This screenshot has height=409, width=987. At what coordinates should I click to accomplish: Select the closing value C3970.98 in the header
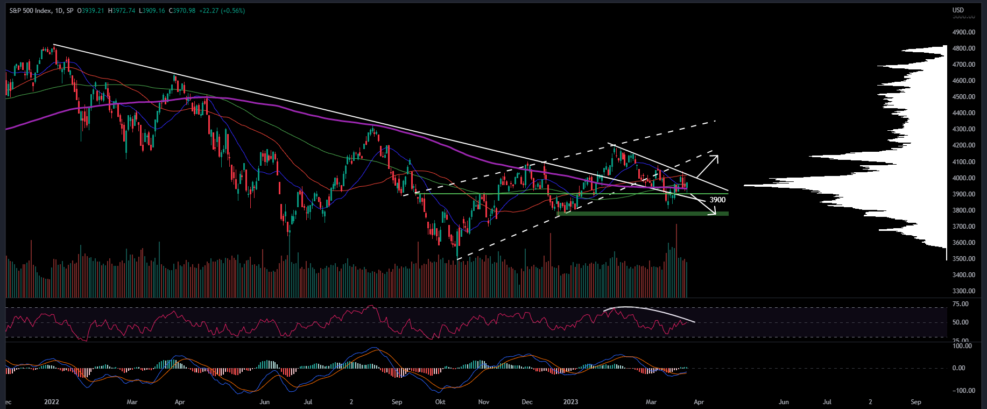(x=182, y=11)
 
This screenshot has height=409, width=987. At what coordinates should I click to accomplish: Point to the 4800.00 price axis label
(x=963, y=48)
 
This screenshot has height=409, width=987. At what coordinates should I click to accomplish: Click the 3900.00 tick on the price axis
(x=963, y=194)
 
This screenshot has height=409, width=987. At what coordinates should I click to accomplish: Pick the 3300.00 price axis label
(x=963, y=291)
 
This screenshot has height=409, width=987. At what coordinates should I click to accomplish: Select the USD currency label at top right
(x=958, y=10)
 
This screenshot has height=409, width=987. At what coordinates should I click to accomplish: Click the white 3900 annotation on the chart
(x=717, y=200)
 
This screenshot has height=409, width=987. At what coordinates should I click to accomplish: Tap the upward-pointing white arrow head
(x=714, y=158)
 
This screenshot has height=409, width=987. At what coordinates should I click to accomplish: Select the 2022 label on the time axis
(x=52, y=402)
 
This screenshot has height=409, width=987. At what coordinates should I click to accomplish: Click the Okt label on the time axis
(x=440, y=402)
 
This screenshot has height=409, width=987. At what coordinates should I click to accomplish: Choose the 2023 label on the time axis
(x=570, y=402)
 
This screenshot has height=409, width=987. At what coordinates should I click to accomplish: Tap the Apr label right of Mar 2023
(x=699, y=402)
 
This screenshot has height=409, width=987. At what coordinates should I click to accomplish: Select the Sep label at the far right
(x=915, y=402)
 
